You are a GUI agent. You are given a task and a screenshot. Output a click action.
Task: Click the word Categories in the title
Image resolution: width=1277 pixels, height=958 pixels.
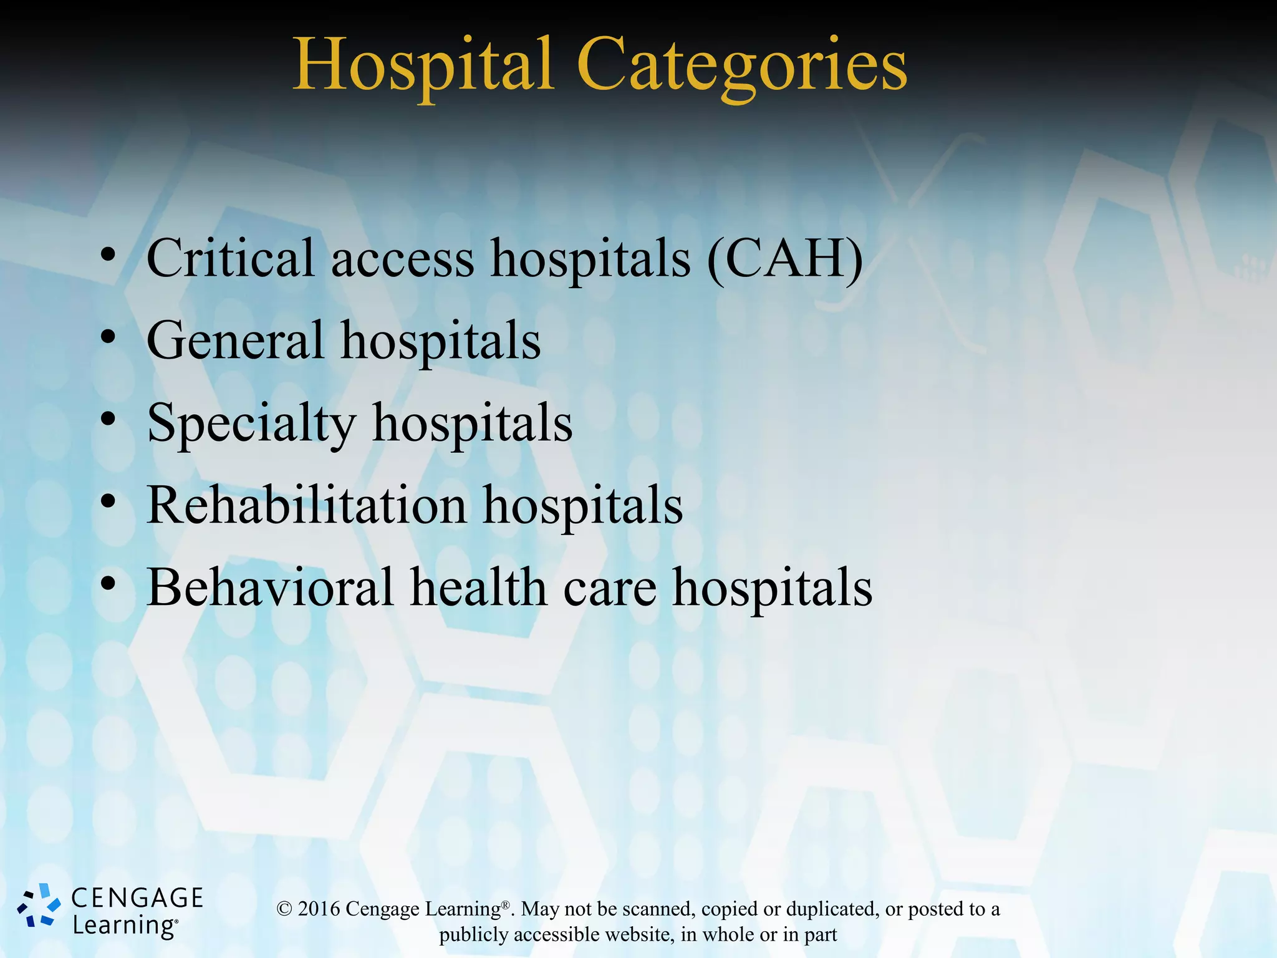click(x=741, y=65)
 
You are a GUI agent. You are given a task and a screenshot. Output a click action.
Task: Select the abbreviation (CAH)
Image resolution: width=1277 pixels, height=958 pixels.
click(x=785, y=258)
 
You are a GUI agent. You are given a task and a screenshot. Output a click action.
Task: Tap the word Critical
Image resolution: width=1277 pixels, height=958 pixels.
click(x=230, y=258)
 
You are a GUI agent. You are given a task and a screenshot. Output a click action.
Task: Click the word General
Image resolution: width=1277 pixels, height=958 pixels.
click(x=235, y=341)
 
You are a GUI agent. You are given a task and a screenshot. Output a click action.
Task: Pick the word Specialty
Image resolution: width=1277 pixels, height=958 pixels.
click(x=251, y=424)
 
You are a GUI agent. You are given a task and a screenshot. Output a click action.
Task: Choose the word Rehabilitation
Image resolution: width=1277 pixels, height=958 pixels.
click(x=306, y=505)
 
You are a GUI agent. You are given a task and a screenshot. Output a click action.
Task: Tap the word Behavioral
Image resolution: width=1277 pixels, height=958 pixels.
click(x=269, y=588)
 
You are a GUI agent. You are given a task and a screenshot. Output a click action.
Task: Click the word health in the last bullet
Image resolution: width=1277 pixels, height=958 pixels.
click(x=478, y=588)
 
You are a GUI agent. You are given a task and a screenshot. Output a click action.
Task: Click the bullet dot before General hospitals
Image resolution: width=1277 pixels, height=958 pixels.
click(x=108, y=337)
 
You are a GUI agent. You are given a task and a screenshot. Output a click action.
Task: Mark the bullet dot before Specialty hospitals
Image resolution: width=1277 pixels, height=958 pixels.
click(x=108, y=420)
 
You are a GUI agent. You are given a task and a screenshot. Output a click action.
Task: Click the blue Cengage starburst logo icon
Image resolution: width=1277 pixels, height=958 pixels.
click(x=39, y=905)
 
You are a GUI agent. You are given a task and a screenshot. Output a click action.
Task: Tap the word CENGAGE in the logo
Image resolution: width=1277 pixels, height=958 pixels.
click(x=137, y=898)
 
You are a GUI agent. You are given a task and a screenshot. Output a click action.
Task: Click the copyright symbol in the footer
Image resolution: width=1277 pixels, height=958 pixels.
click(x=284, y=909)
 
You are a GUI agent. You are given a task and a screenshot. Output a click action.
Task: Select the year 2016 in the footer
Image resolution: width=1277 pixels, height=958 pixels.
click(x=319, y=909)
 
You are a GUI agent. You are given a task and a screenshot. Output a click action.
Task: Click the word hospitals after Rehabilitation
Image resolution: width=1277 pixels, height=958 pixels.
click(x=582, y=505)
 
